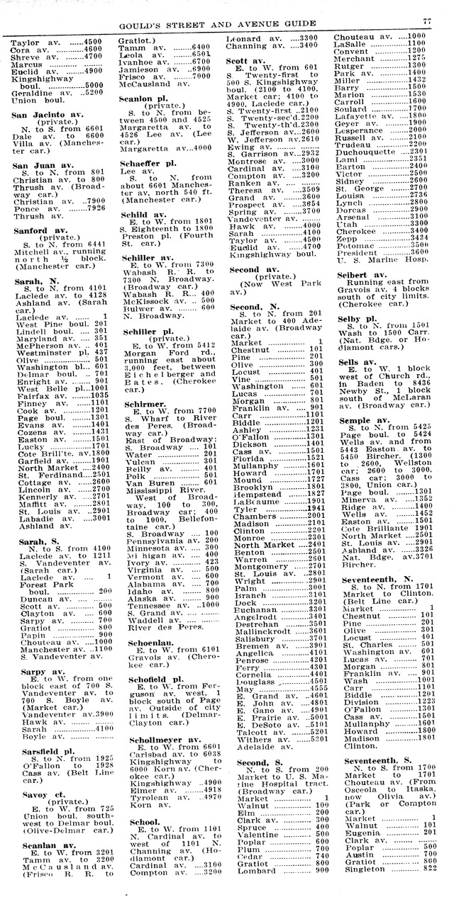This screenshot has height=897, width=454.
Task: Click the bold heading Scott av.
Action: (246, 61)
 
